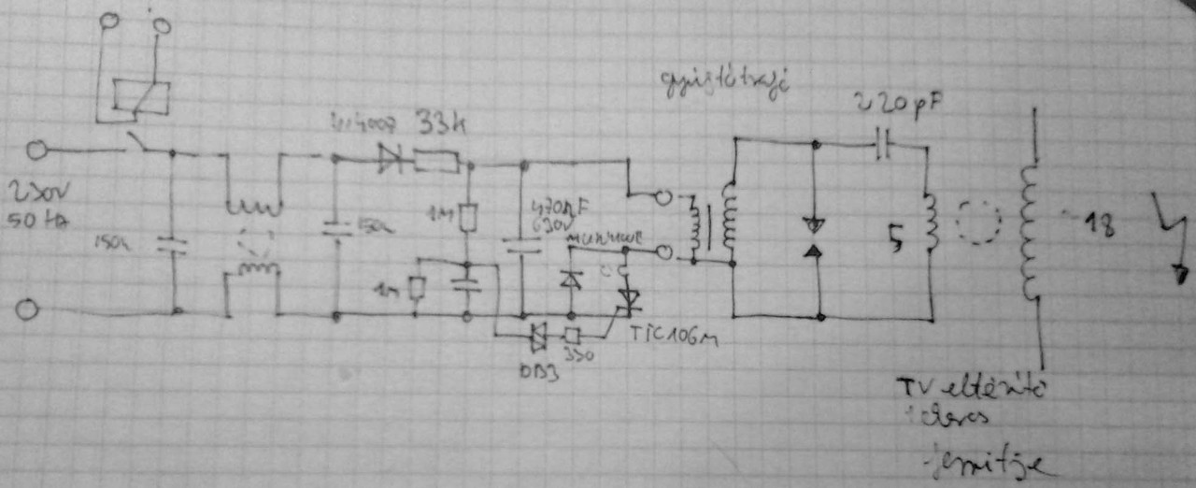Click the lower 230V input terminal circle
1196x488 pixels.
(27, 310)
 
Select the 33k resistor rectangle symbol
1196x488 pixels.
(435, 162)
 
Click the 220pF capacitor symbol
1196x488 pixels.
(884, 144)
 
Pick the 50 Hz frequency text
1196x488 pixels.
(41, 222)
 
